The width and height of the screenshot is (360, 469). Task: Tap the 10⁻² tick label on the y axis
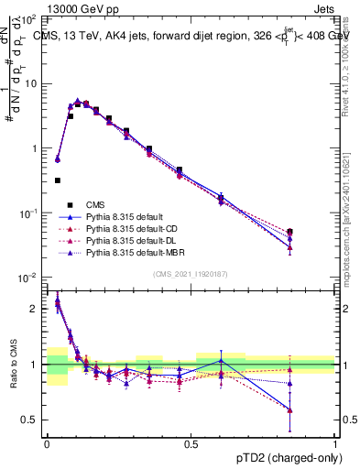point(28,278)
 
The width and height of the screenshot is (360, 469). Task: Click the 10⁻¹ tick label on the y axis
point(28,213)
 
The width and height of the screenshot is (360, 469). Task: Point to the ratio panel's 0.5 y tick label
point(31,420)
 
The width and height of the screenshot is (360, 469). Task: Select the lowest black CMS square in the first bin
point(58,180)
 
